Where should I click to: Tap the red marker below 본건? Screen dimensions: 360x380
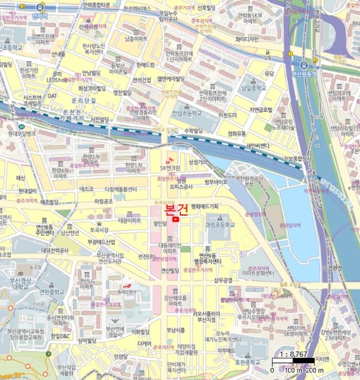tap(175, 219)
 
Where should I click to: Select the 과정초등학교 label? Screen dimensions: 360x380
tap(220, 224)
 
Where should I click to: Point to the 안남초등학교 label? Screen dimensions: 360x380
tap(187, 113)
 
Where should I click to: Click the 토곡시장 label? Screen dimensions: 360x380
tap(100, 230)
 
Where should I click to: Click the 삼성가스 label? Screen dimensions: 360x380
tap(197, 162)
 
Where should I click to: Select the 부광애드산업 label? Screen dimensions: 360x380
tap(98, 242)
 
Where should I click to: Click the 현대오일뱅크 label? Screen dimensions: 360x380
tap(22, 133)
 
